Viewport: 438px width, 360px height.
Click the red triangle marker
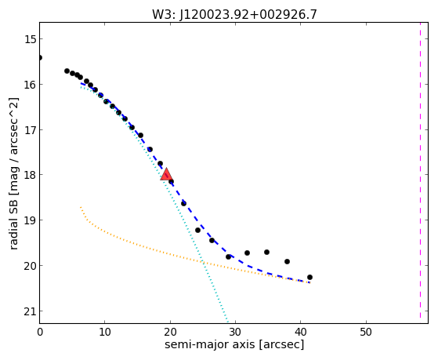tap(166, 174)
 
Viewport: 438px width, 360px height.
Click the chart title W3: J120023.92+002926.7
tap(234, 14)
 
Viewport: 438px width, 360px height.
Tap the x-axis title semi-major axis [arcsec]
tap(234, 344)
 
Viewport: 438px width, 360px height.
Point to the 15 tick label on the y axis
tap(30, 39)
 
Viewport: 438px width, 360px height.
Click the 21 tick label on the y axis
tap(30, 311)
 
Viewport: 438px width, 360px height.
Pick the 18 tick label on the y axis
tap(30, 175)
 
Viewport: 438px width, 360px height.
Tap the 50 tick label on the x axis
tap(366, 332)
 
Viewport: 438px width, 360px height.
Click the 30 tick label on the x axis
tap(235, 332)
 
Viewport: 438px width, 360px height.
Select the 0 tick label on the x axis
tap(40, 332)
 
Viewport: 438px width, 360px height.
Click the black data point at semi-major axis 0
tap(40, 57)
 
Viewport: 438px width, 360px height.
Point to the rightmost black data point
tap(309, 277)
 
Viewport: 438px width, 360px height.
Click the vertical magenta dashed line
tap(420, 170)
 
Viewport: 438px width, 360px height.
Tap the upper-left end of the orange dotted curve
tap(81, 207)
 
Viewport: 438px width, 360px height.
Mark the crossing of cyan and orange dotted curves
tap(203, 263)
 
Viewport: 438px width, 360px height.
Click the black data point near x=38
tap(287, 261)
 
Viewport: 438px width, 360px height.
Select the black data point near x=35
tap(266, 252)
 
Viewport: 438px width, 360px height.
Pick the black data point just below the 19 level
tap(197, 231)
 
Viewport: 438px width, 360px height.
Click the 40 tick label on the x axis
tap(300, 332)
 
